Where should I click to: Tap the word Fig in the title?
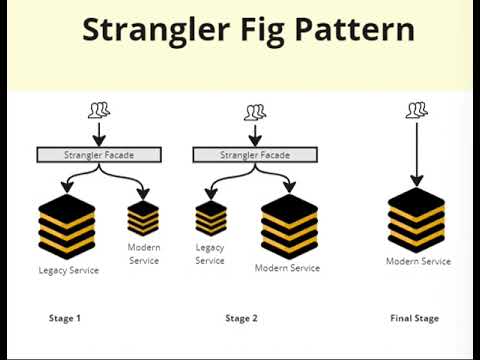tap(267, 31)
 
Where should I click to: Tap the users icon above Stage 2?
tap(255, 113)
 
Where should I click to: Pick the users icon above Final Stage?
tap(417, 110)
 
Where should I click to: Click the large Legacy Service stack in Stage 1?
tap(67, 227)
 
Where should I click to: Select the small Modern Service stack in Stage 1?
tap(143, 217)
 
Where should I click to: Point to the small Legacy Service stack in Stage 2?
tap(210, 218)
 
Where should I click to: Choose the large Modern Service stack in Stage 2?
tap(288, 225)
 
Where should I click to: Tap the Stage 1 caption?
tap(65, 318)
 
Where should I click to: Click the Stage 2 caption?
tap(241, 318)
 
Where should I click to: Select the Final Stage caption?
tap(414, 318)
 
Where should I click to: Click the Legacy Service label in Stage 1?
tap(68, 270)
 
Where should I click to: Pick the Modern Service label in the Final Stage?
tap(418, 262)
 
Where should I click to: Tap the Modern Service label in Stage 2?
tap(288, 268)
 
